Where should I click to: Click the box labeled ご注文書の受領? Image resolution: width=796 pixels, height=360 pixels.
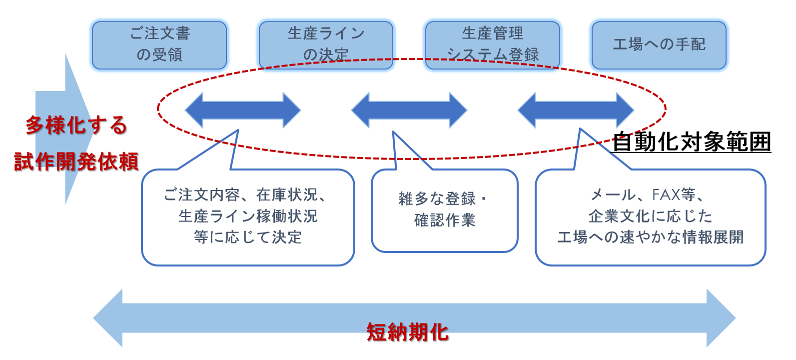159,45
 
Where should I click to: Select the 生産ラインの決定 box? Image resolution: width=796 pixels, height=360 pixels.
326,45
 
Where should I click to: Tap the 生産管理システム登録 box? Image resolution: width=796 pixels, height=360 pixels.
492,45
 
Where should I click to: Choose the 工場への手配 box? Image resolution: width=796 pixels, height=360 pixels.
659,45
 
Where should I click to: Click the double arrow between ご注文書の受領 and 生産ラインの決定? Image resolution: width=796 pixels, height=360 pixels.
243,110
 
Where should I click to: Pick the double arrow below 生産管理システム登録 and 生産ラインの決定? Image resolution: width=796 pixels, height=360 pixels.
409,110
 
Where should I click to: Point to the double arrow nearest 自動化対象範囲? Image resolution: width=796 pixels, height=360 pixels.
576,110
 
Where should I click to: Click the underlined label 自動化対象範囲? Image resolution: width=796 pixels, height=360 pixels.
692,142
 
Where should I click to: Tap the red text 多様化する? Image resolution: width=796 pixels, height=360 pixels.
76,125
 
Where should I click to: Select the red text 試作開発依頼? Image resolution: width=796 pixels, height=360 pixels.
76,161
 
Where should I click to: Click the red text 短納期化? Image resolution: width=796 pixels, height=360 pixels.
408,332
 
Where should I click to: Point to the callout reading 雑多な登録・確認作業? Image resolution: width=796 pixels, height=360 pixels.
444,210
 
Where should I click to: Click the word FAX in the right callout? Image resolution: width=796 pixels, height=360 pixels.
666,194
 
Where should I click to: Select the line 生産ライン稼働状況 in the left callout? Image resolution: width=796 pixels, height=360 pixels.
248,216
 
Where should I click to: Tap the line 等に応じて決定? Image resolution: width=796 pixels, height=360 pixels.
248,237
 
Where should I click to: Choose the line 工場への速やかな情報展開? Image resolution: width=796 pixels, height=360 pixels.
650,237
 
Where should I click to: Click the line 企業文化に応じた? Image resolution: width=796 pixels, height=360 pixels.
650,216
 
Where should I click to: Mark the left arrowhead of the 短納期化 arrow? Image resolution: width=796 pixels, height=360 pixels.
108,318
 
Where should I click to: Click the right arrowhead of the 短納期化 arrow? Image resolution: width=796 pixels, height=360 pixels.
721,318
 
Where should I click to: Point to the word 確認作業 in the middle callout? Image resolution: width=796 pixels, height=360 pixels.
445,220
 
